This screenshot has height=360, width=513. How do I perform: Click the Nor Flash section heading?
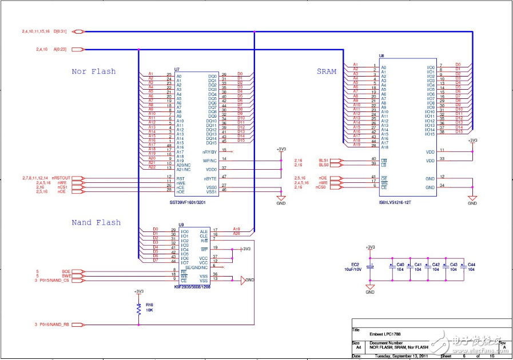tap(94, 71)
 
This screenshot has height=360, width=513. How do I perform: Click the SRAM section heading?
tap(327, 71)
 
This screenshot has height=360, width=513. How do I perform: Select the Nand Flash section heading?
tap(96, 222)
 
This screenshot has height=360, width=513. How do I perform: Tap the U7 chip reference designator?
tap(177, 69)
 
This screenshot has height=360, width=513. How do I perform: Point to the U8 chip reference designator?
tap(381, 57)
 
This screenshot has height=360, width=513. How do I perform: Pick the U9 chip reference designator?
tap(181, 225)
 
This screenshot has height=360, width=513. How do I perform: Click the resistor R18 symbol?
tap(138, 310)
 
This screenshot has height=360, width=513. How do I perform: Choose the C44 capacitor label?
tap(471, 265)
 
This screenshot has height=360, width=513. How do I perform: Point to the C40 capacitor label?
tap(400, 265)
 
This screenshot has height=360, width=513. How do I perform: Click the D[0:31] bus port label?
tap(60, 31)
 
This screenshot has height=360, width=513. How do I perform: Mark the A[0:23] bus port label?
tap(60, 50)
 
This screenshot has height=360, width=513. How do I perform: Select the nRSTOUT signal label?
tap(61, 178)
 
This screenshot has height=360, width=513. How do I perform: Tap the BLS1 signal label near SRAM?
tap(324, 159)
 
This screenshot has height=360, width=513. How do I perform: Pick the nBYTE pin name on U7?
tap(210, 178)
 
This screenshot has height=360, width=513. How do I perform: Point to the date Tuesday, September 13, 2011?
tap(399, 355)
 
